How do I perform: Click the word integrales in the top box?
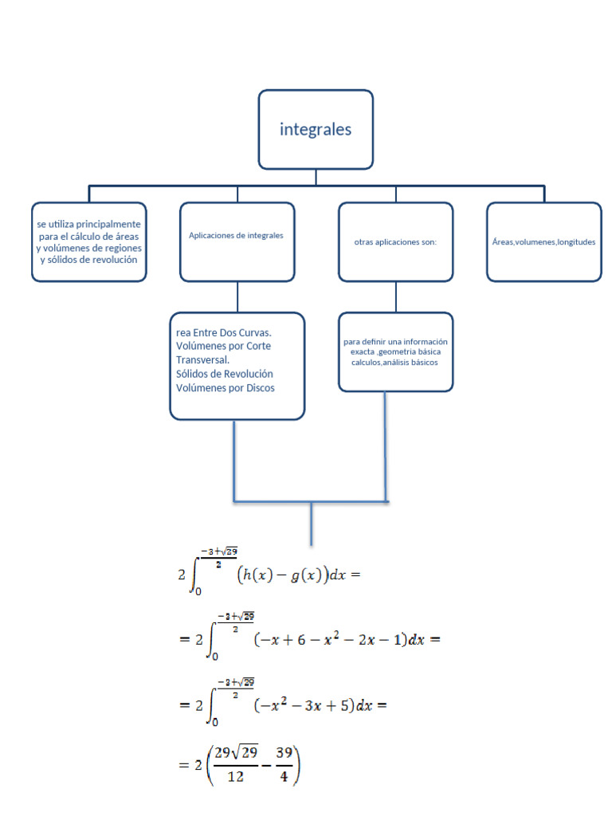pos(316,129)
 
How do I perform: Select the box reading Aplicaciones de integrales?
pos(237,241)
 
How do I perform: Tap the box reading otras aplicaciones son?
pos(395,241)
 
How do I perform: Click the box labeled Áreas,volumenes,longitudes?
pos(543,241)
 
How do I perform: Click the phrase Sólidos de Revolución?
pos(224,374)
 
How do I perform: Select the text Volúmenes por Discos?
pos(226,388)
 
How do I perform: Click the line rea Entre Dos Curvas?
pos(224,331)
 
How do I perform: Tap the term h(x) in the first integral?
pos(259,577)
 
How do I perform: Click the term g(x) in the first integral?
pos(303,577)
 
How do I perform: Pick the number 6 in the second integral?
pos(305,641)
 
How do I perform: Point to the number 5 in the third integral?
pos(346,706)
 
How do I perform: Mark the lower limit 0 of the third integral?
pos(214,721)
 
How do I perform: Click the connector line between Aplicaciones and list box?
pos(237,296)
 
